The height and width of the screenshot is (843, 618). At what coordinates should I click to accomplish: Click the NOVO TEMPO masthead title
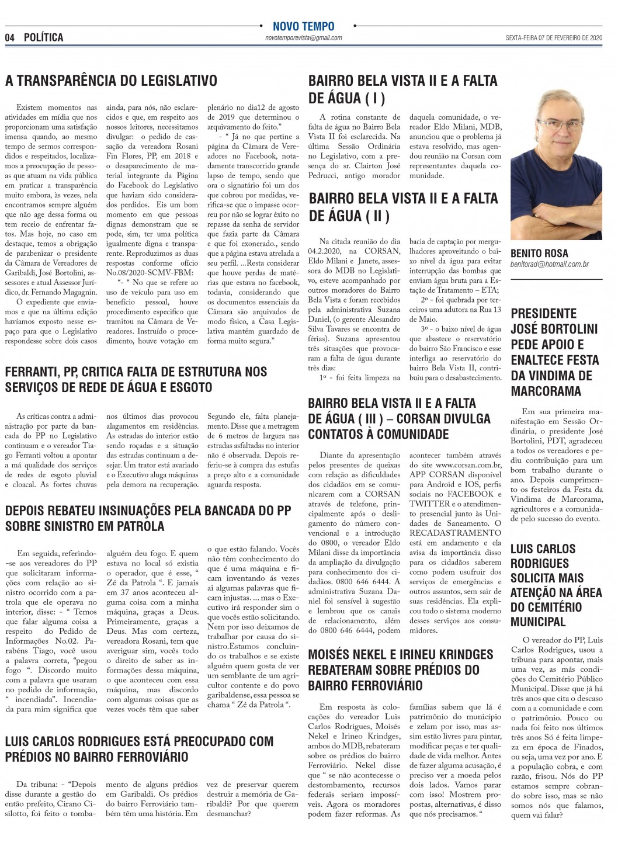coord(303,26)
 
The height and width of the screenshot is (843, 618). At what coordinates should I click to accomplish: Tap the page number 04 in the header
coord(10,38)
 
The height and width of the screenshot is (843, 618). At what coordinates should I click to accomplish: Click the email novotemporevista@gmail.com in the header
coord(303,37)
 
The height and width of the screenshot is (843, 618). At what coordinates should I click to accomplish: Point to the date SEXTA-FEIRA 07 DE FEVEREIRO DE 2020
coord(554,38)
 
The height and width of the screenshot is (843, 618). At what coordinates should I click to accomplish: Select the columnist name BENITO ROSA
coord(539,254)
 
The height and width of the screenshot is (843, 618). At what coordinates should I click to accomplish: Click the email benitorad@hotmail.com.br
coord(550,265)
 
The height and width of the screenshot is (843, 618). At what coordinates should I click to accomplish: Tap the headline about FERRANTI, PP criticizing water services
coord(136,379)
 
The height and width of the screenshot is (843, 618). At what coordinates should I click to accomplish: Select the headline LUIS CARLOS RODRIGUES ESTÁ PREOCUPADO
coord(139,749)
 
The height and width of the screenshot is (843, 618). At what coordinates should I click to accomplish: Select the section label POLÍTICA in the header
coord(44,38)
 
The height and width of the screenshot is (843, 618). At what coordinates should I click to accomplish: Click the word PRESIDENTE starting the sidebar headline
coord(544,314)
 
